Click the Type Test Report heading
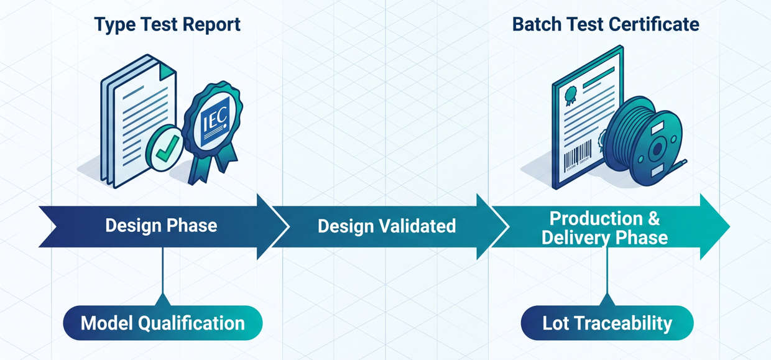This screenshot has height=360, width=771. [167, 25]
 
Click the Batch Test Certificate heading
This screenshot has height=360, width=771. [606, 25]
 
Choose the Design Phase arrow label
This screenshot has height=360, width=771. [161, 225]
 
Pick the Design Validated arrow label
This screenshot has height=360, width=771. [386, 225]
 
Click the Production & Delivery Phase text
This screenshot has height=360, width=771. [605, 228]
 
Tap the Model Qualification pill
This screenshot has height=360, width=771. [163, 323]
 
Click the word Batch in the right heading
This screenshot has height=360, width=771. [535, 25]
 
